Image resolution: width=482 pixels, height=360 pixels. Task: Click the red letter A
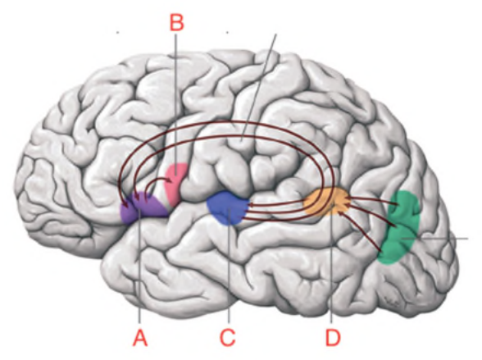tap(140, 338)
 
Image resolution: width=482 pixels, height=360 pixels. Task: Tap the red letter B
tap(177, 22)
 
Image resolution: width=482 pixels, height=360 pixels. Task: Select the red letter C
tap(228, 338)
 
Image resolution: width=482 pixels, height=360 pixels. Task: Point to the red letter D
tap(333, 338)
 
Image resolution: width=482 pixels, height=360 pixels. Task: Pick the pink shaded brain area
tap(175, 184)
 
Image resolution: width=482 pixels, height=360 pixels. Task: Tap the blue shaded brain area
tap(228, 207)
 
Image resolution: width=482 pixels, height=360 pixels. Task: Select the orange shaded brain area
tap(326, 202)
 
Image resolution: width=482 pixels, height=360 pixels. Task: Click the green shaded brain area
tap(399, 227)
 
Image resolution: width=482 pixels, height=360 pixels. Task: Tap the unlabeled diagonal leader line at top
tap(259, 88)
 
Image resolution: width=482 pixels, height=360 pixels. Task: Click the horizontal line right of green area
tap(435, 239)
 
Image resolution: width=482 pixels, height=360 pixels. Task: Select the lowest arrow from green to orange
tap(361, 230)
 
